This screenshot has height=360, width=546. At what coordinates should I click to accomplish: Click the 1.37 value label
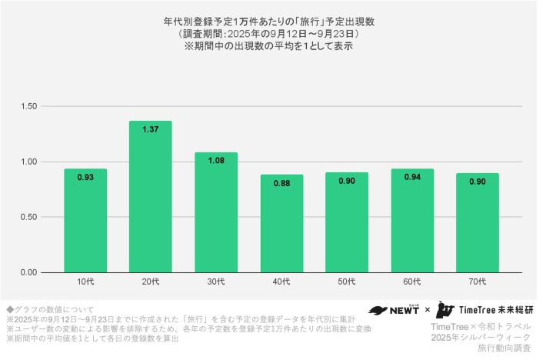point(150,129)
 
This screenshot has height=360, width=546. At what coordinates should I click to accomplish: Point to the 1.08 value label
point(216,162)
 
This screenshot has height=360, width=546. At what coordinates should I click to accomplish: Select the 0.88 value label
point(281,183)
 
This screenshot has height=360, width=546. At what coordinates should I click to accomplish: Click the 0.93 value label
point(85,178)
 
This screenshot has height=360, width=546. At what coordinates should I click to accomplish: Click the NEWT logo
point(394,310)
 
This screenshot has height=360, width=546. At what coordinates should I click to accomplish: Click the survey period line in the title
point(268,34)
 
